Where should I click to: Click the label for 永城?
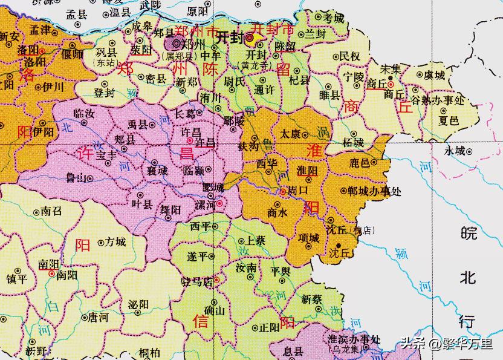(x=455, y=150)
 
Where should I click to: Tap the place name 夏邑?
(x=448, y=120)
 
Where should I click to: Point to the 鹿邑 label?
(x=360, y=163)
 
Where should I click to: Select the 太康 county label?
(x=290, y=134)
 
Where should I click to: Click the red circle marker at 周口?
(x=284, y=191)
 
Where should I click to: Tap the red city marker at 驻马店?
(x=217, y=280)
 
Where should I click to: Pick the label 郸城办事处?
(x=375, y=191)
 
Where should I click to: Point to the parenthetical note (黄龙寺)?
(x=255, y=65)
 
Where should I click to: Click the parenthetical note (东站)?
(x=105, y=62)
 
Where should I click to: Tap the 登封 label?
(x=104, y=93)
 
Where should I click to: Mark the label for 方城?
(x=115, y=242)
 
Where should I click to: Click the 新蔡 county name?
(x=312, y=299)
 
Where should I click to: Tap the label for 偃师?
(x=73, y=53)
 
